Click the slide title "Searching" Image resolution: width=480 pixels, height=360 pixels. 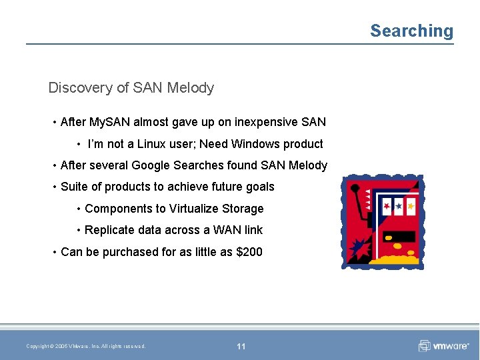click(x=411, y=31)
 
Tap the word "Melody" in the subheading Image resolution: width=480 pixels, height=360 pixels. click(x=191, y=87)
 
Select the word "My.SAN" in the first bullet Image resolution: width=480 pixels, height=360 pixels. click(x=109, y=122)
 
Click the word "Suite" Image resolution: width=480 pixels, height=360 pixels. click(x=75, y=187)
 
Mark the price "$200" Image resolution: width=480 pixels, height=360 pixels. click(x=249, y=252)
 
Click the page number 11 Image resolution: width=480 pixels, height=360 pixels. click(x=241, y=346)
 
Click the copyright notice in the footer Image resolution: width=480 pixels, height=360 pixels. click(x=85, y=346)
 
